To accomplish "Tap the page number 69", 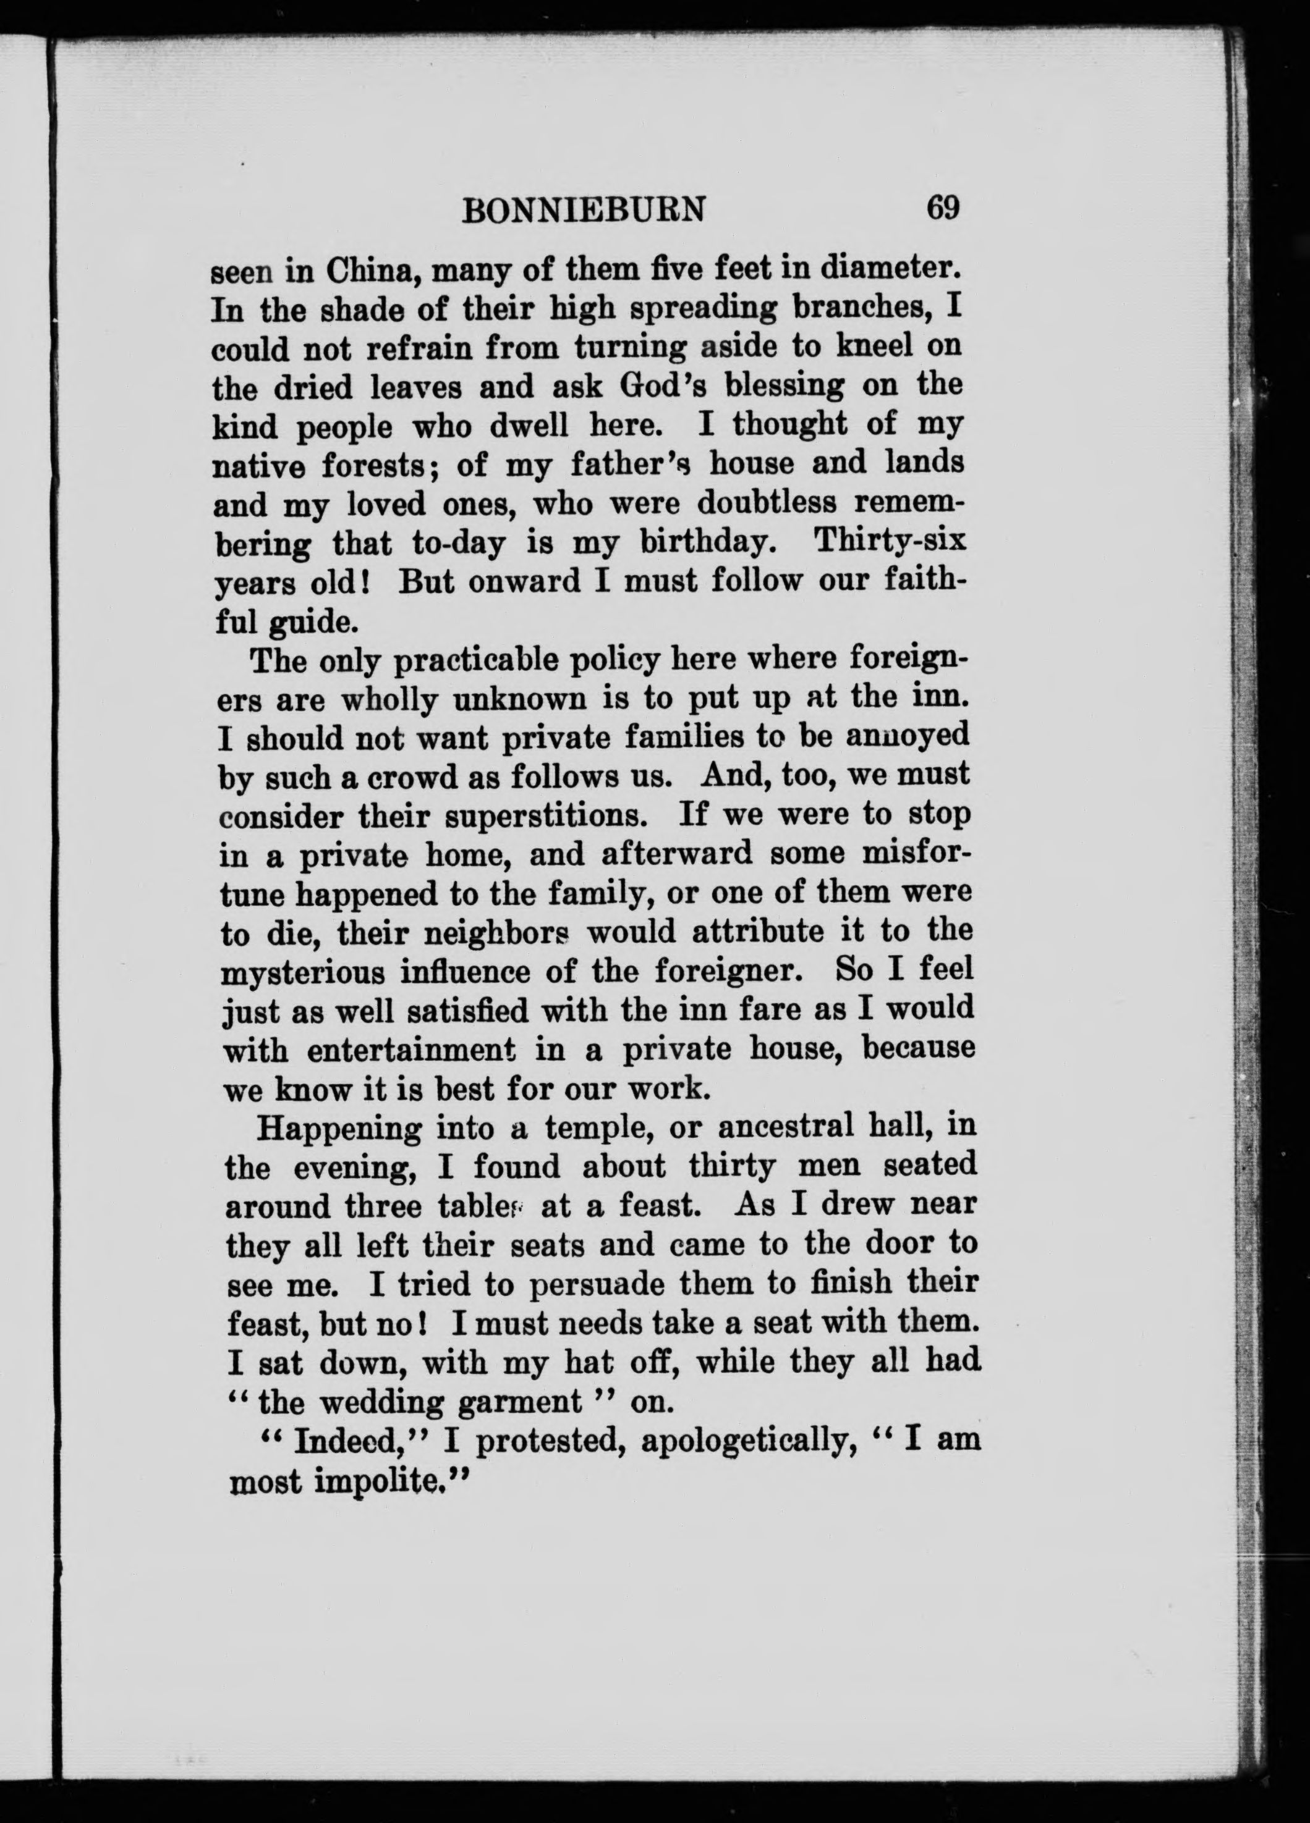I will pyautogui.click(x=943, y=208).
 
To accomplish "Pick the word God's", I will pyautogui.click(x=662, y=386).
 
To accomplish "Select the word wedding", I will pyautogui.click(x=381, y=1404).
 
